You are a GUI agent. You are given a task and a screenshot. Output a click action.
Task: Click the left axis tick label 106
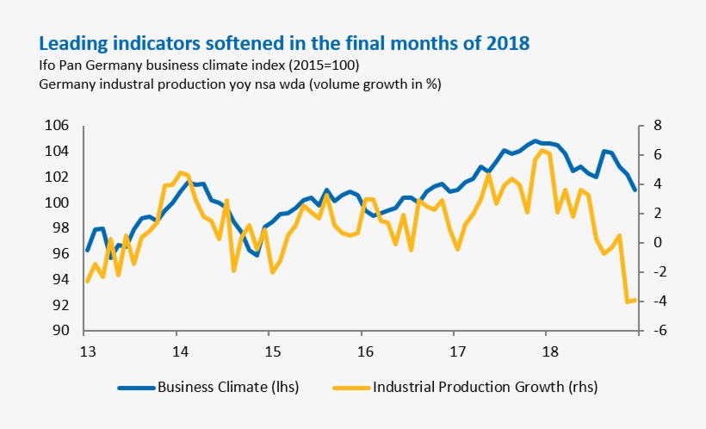pyautogui.click(x=57, y=126)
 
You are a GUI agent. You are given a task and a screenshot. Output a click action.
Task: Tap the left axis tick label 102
pyautogui.click(x=57, y=177)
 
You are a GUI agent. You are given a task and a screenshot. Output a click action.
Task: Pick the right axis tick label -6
pyautogui.click(x=655, y=331)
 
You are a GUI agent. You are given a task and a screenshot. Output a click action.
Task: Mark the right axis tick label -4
pyautogui.click(x=655, y=302)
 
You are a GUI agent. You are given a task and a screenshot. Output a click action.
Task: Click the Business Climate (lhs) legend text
pyautogui.click(x=228, y=387)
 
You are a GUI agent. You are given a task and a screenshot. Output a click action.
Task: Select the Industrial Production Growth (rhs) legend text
pyautogui.click(x=485, y=387)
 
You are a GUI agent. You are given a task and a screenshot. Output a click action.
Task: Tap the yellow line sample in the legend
pyautogui.click(x=349, y=388)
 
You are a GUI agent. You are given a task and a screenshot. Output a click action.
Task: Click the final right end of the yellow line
pyautogui.click(x=635, y=300)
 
